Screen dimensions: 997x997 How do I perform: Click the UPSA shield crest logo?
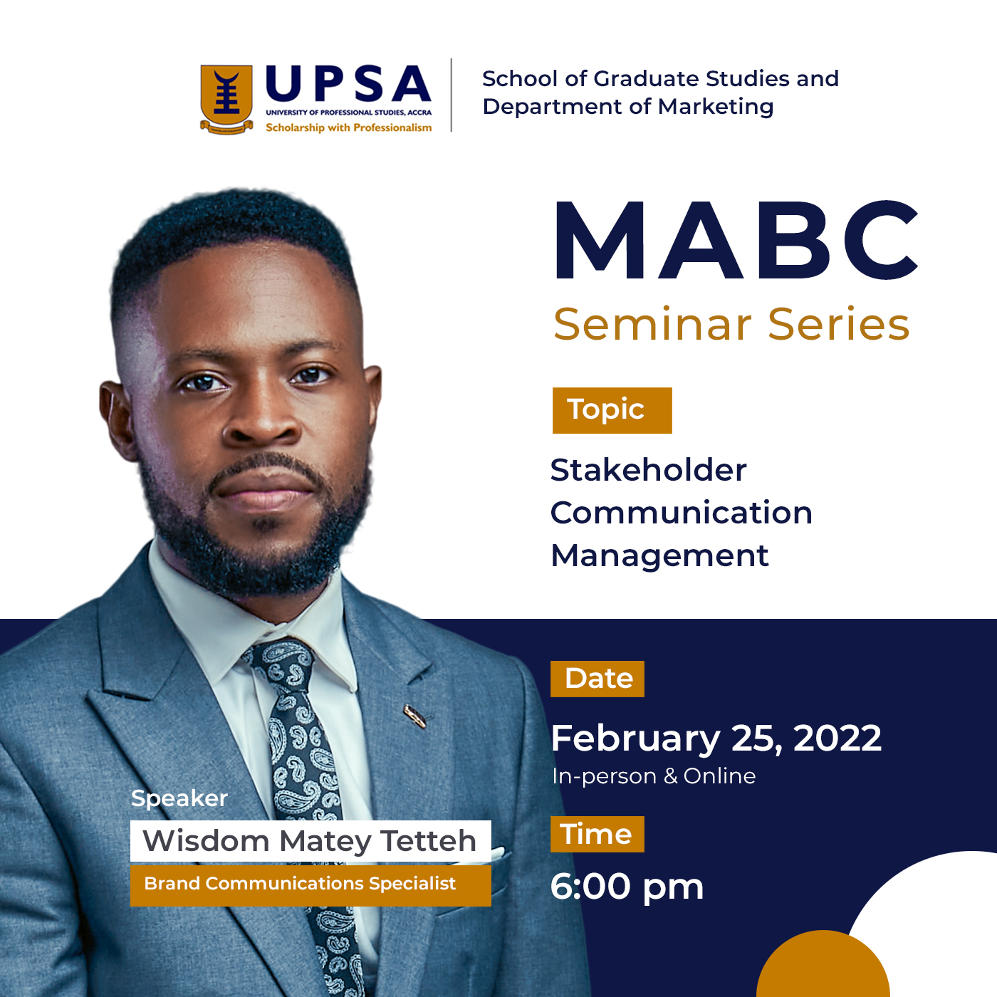tap(226, 99)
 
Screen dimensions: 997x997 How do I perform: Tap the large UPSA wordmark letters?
tap(348, 83)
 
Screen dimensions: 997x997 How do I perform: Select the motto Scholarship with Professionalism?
tap(349, 127)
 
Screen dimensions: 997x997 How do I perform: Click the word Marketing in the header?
tap(716, 107)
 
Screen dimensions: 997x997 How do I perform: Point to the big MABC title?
tap(735, 240)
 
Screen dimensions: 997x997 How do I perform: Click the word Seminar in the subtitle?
tap(652, 325)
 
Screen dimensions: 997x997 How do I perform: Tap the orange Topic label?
tap(612, 409)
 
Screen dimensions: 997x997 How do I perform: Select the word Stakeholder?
tap(648, 470)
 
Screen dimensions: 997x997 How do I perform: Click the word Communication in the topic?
tap(682, 513)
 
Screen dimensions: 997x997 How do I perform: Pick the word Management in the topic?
tap(659, 557)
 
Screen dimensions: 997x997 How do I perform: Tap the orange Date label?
tap(597, 679)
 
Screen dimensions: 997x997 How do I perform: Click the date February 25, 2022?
tap(716, 738)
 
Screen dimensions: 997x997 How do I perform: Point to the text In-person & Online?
tap(654, 776)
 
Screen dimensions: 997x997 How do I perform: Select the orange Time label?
tap(597, 834)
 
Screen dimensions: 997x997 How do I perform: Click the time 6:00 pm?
tap(627, 887)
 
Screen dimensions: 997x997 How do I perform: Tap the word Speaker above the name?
tap(179, 799)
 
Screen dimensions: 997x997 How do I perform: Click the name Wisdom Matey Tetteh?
tap(310, 841)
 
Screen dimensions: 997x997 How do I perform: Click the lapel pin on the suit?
tap(415, 716)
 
